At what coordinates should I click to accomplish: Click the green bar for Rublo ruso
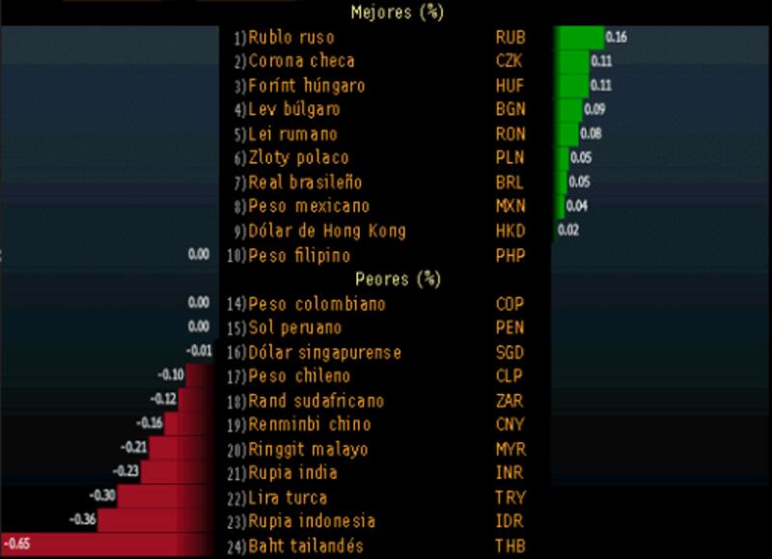coord(578,38)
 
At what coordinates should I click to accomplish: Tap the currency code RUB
coord(510,38)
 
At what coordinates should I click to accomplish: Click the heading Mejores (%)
coord(397,13)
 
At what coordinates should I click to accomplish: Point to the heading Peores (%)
coord(398,280)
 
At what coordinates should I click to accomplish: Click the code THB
coord(510,545)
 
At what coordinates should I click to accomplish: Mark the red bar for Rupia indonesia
coord(160,520)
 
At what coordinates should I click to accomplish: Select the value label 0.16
coord(616,38)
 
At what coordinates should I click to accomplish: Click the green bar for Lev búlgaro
coord(567,109)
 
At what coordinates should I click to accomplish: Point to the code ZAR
coord(510,401)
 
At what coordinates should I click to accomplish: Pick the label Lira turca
coord(288,497)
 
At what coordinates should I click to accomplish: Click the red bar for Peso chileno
coord(201,376)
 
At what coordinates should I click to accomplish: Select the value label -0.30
coord(103,495)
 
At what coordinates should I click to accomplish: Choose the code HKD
coord(510,231)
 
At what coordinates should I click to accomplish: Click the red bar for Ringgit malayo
coord(183,448)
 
